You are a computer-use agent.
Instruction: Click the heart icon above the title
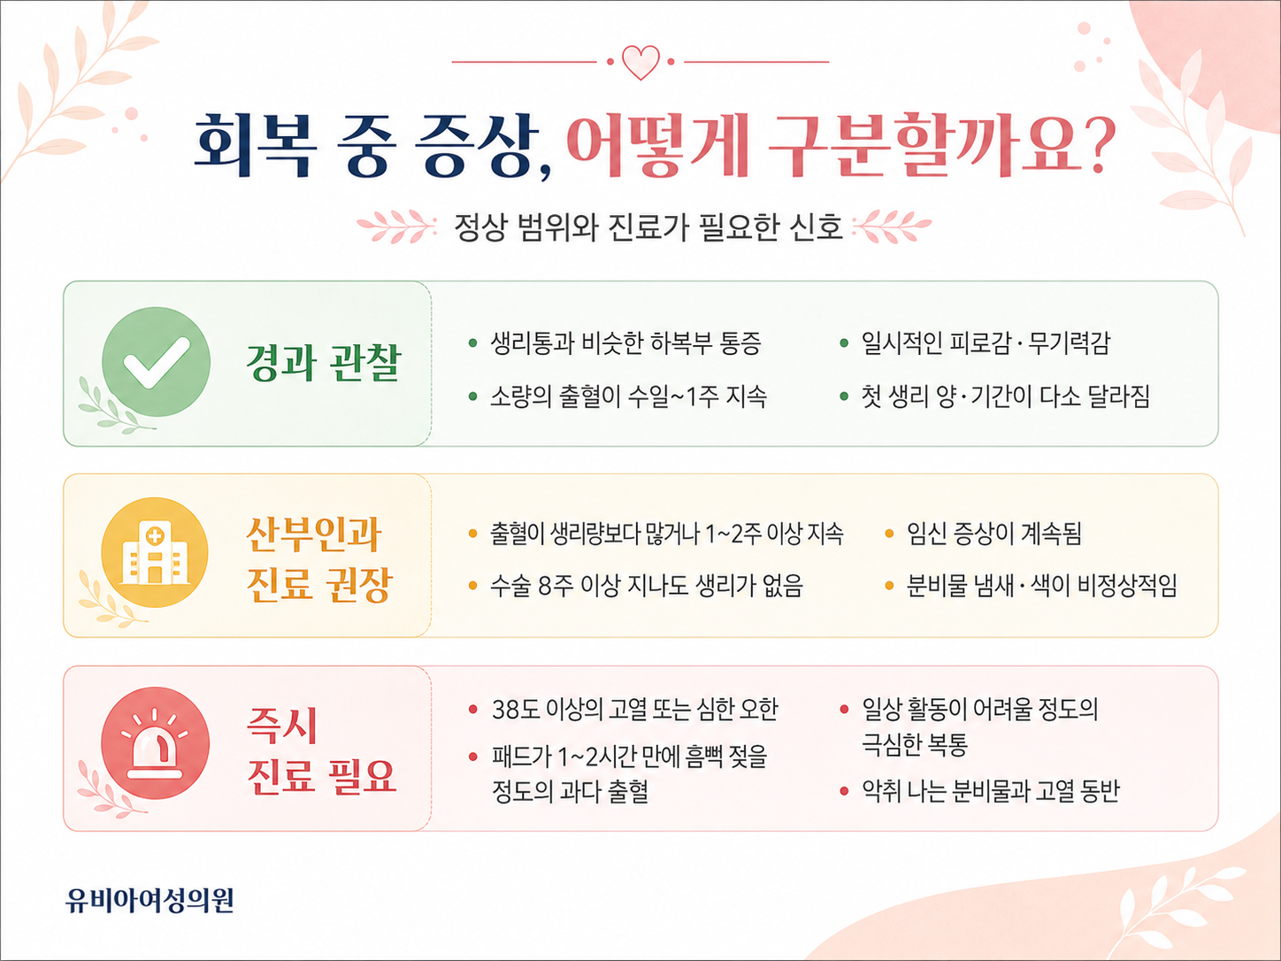640,62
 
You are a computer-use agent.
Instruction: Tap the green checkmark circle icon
156,362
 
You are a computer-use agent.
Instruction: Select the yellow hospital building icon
155,552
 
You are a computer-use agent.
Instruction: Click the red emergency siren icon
155,742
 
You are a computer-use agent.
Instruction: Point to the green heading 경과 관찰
324,362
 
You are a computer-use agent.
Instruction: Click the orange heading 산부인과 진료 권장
319,559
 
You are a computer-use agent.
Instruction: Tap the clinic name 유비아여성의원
150,900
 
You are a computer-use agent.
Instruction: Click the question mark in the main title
1099,145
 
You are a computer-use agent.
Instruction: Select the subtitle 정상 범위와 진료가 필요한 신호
648,227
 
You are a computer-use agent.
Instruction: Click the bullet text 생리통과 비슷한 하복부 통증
625,342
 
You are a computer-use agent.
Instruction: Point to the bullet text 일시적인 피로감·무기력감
986,342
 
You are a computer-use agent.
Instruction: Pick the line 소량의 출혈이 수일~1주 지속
628,396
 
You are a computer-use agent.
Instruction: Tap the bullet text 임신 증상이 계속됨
993,534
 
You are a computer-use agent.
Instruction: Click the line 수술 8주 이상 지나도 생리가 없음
647,585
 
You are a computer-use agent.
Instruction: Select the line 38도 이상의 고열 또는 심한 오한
635,709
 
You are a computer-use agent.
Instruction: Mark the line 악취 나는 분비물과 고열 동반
990,790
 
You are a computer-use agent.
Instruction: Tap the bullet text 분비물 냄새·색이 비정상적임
1042,585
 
